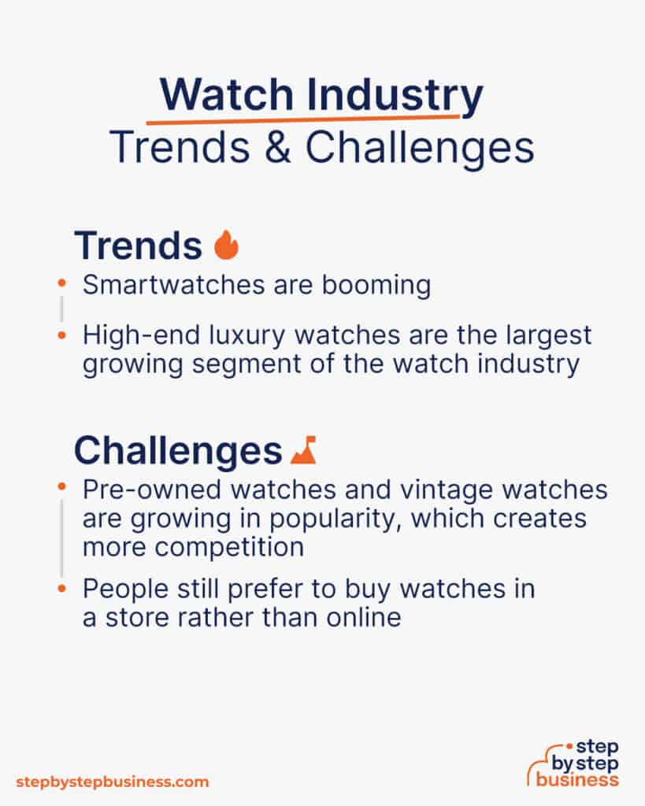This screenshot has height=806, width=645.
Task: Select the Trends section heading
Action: point(138,246)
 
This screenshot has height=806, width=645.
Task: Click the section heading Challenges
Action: point(178,451)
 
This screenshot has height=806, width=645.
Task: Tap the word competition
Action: point(222,547)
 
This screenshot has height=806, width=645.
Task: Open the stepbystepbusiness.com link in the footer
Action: point(113,782)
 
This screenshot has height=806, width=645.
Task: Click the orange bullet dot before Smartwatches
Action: point(61,281)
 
